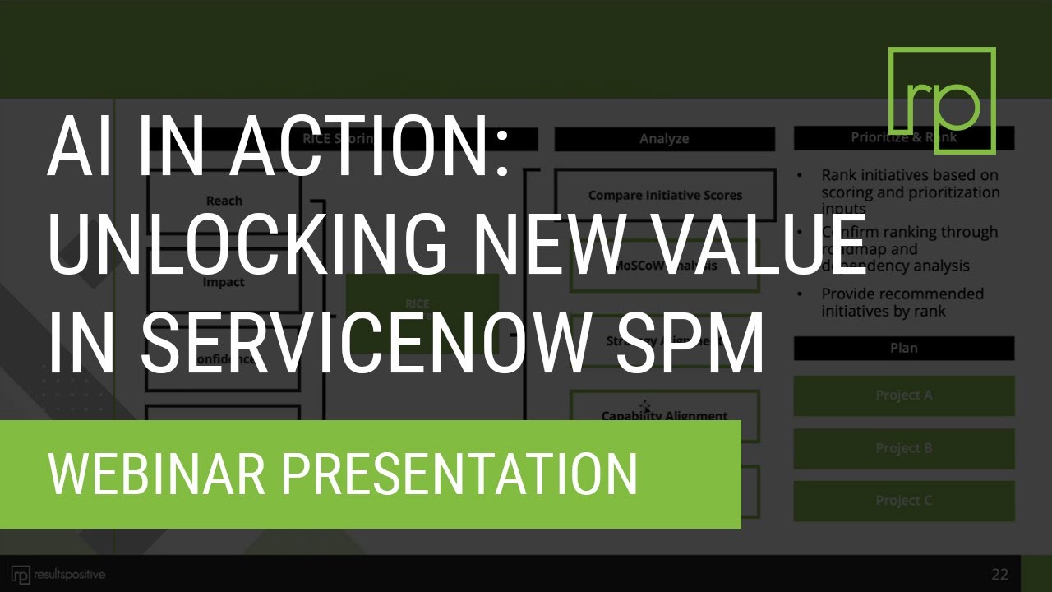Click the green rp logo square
(942, 100)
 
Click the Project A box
(903, 395)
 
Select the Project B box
(903, 448)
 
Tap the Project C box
(903, 501)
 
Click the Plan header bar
(903, 348)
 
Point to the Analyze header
(664, 139)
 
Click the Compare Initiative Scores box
(665, 195)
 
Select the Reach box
(224, 200)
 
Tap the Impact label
(224, 282)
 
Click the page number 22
(999, 574)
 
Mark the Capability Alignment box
(664, 416)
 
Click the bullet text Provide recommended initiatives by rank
(902, 302)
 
